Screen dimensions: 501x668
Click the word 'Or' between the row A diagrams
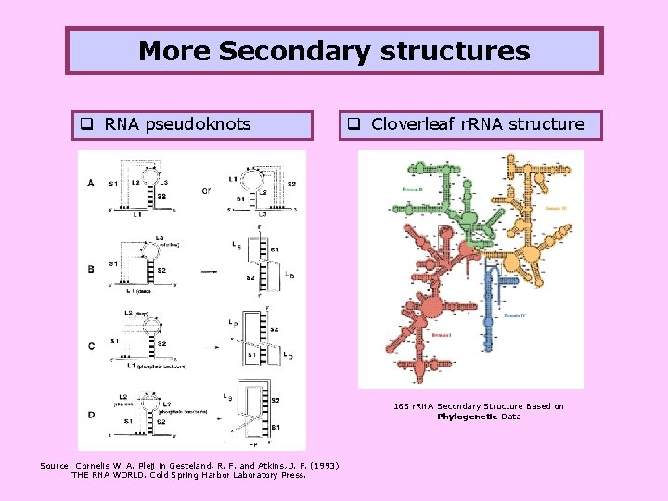point(206,191)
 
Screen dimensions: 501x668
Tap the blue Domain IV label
point(517,316)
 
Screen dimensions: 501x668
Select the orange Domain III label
point(556,208)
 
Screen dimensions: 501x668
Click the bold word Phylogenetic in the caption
point(468,417)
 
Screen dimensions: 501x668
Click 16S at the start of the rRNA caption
point(401,406)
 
